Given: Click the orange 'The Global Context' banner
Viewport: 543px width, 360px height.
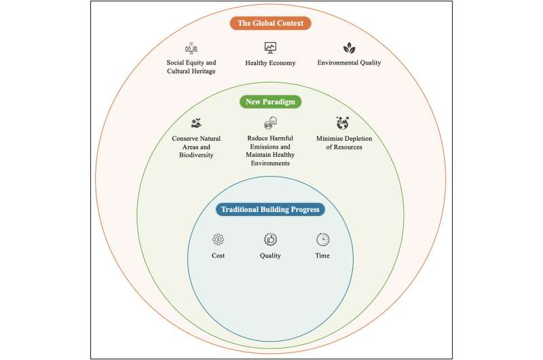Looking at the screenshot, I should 270,23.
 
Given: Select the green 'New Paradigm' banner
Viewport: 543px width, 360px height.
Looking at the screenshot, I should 270,102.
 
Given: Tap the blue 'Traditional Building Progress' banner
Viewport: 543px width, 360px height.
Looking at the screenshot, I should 270,209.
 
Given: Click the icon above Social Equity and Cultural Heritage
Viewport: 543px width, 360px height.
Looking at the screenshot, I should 191,48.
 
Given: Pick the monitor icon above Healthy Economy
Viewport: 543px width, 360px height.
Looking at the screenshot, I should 270,48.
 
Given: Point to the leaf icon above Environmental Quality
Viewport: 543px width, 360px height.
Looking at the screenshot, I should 349,48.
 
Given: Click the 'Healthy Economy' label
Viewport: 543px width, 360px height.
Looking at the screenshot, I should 270,63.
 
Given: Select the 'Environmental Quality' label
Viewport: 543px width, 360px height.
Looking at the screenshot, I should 349,63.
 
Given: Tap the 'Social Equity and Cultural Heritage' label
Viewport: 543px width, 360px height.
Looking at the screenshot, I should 191,67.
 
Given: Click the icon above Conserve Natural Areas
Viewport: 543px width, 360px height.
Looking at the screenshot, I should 197,124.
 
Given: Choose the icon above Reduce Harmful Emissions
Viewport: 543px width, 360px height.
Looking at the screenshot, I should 270,124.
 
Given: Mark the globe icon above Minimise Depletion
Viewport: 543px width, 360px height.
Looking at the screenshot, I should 343,124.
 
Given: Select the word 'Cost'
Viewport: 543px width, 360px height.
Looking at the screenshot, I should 218,255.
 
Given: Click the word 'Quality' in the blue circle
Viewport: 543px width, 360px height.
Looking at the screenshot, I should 270,255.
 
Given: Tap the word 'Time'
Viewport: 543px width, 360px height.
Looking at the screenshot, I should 322,255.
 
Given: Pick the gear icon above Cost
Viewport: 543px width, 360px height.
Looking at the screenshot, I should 218,239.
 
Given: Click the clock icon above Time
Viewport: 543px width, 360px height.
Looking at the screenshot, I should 322,239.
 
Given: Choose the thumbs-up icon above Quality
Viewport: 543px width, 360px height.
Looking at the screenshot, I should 270,239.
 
